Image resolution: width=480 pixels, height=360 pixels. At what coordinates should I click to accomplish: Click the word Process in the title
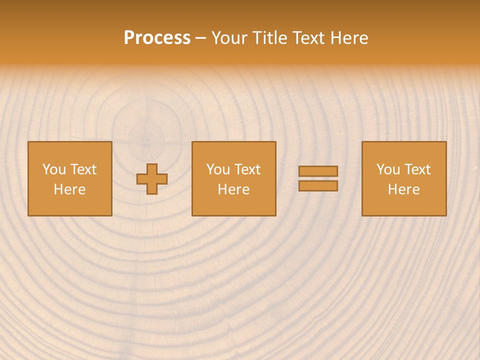pyautogui.click(x=157, y=38)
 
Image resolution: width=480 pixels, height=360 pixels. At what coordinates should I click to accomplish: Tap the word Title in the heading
pyautogui.click(x=268, y=38)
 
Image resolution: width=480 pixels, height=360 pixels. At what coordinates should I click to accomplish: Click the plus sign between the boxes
pyautogui.click(x=152, y=179)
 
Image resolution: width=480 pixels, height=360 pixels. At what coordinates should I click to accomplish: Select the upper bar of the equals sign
pyautogui.click(x=318, y=171)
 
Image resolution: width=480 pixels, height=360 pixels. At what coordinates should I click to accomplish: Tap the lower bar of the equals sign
pyautogui.click(x=318, y=185)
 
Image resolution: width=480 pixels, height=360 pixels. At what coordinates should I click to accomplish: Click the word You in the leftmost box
pyautogui.click(x=54, y=169)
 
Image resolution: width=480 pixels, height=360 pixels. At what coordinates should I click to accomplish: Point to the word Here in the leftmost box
pyautogui.click(x=70, y=189)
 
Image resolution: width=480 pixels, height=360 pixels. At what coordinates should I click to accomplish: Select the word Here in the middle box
pyautogui.click(x=234, y=189)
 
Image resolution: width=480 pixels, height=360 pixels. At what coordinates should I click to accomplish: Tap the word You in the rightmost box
pyautogui.click(x=388, y=169)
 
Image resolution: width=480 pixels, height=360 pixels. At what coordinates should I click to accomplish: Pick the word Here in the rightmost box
pyautogui.click(x=404, y=189)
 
